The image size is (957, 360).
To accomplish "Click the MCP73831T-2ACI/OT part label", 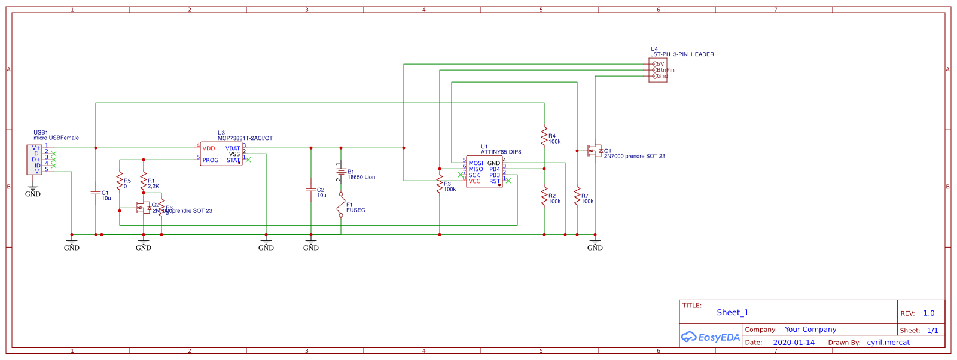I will pyautogui.click(x=245, y=138).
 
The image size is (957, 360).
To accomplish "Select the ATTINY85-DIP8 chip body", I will pyautogui.click(x=484, y=172).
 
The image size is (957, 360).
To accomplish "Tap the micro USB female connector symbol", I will pyautogui.click(x=34, y=160).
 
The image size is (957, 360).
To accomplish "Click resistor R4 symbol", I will pyautogui.click(x=544, y=135).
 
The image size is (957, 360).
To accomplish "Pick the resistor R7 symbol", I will pyautogui.click(x=577, y=196).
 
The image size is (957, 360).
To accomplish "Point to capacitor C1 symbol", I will pyautogui.click(x=96, y=193).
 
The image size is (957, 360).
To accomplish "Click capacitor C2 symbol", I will pyautogui.click(x=311, y=190).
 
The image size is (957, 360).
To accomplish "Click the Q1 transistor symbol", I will pyautogui.click(x=595, y=151).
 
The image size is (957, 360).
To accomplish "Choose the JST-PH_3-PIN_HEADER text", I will pyautogui.click(x=682, y=54).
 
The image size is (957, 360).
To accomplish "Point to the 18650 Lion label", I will pyautogui.click(x=361, y=177).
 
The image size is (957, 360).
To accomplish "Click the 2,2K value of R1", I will pyautogui.click(x=153, y=186).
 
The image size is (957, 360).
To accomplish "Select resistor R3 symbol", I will pyautogui.click(x=440, y=184).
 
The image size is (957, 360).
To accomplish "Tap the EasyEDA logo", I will pyautogui.click(x=711, y=337).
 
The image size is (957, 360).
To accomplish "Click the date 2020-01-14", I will pyautogui.click(x=794, y=343).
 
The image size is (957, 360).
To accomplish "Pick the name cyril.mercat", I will pyautogui.click(x=888, y=343).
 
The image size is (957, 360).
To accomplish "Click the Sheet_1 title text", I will pyautogui.click(x=733, y=312).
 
